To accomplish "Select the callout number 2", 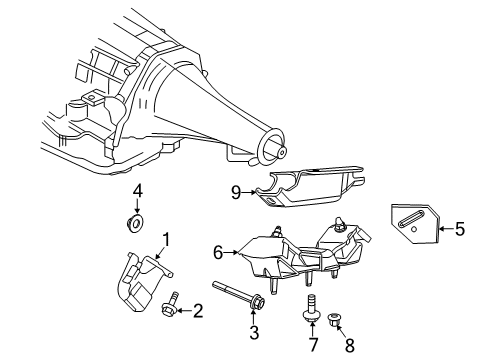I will pos(198,311).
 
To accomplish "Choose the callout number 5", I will pos(459,230).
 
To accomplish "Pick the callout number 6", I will pos(216,254).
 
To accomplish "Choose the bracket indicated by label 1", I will pos(139,285).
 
